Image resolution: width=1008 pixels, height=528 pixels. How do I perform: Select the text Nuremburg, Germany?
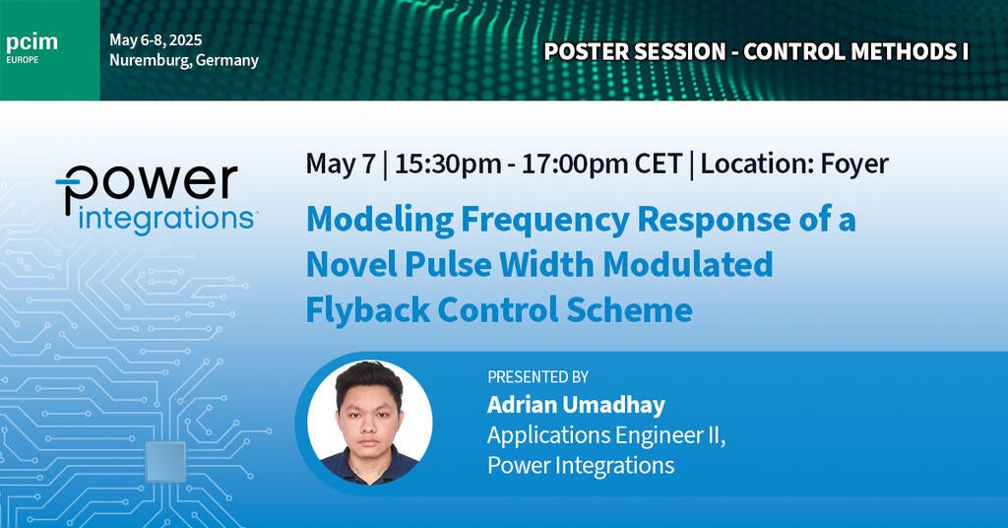point(184,60)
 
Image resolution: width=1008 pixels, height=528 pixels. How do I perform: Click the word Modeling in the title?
point(370,220)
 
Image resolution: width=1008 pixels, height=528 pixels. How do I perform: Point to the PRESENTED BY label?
point(537,376)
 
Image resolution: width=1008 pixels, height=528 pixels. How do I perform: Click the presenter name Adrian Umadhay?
point(576,405)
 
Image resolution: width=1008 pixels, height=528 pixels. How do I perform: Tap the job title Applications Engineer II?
point(606,435)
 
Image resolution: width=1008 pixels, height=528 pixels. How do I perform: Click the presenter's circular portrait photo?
point(369,422)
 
